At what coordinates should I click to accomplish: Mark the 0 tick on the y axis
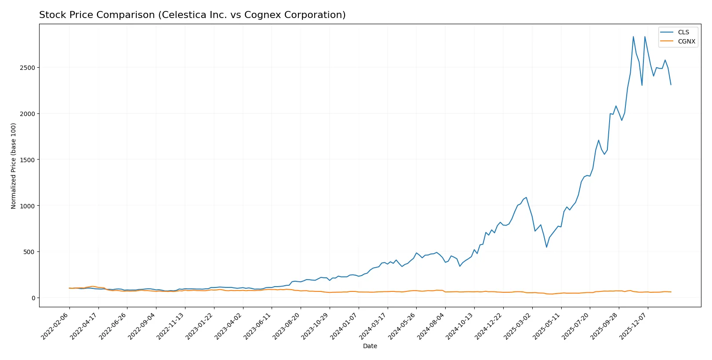33,298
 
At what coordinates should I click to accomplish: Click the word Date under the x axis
370,346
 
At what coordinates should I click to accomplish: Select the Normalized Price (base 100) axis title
14,166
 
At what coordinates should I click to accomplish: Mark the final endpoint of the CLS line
671,85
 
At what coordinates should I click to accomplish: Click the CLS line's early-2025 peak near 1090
526,197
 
